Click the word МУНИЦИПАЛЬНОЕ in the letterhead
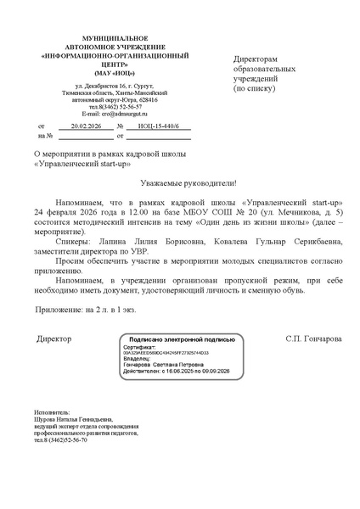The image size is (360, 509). pyautogui.click(x=102, y=40)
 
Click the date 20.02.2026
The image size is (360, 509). pyautogui.click(x=86, y=126)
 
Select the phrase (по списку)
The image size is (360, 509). pyautogui.click(x=255, y=87)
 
